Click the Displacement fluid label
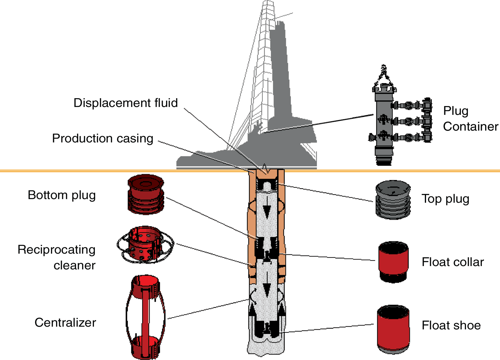(x=125, y=103)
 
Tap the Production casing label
(x=102, y=138)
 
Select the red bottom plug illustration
(x=146, y=194)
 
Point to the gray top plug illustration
(x=393, y=200)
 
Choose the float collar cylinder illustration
(x=393, y=262)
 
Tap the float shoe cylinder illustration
(x=393, y=329)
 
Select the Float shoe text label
(x=451, y=325)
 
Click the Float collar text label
(x=452, y=262)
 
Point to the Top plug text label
(x=445, y=199)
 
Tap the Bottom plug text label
(x=62, y=195)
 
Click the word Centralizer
(x=65, y=323)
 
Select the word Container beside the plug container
(x=470, y=127)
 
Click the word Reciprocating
(x=56, y=250)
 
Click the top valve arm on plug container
(x=412, y=105)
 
